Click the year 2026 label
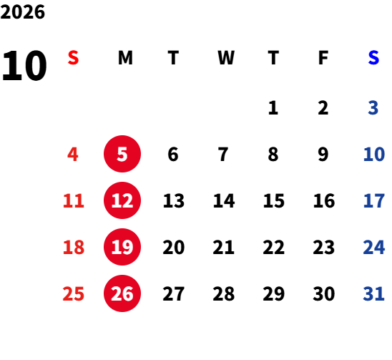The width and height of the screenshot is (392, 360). click(23, 11)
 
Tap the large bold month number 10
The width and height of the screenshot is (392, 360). click(24, 66)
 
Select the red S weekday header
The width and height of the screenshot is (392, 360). click(73, 58)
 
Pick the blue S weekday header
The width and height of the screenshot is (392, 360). click(373, 58)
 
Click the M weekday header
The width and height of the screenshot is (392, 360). click(125, 58)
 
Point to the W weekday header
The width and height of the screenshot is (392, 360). click(226, 58)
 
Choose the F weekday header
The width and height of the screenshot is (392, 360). click(323, 58)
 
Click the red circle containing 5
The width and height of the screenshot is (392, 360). click(122, 154)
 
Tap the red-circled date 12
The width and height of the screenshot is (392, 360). click(122, 200)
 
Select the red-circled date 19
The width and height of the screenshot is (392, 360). click(122, 247)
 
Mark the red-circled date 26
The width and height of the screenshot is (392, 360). click(122, 293)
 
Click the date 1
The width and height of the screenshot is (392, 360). click(273, 108)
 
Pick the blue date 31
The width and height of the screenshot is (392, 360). click(373, 293)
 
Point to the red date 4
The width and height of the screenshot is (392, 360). click(73, 154)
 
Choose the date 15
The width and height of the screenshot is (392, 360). click(274, 200)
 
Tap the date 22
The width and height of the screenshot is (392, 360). click(274, 247)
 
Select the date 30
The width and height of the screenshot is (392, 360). click(324, 293)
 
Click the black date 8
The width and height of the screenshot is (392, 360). click(273, 154)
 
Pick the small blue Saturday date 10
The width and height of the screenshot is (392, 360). click(374, 154)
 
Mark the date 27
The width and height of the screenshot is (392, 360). click(174, 293)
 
